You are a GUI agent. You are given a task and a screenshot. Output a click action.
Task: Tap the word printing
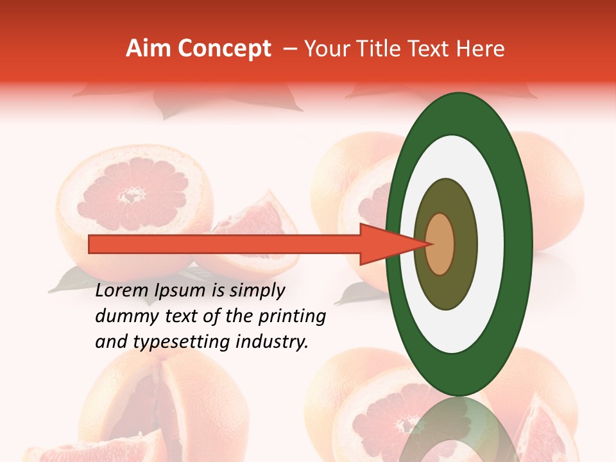click(292, 317)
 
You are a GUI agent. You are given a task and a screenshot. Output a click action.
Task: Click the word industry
click(272, 342)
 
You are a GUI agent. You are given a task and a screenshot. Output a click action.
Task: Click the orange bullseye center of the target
click(440, 244)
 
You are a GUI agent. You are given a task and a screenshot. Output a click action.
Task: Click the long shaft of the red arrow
click(225, 244)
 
